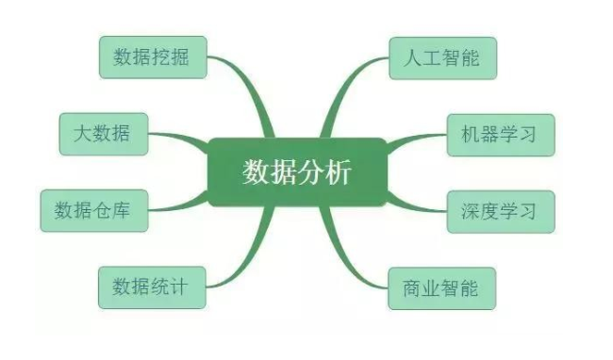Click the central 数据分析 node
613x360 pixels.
pyautogui.click(x=296, y=172)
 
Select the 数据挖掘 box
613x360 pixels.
pyautogui.click(x=151, y=57)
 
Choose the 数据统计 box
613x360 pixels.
pyautogui.click(x=151, y=286)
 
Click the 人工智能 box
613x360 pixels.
pyautogui.click(x=441, y=57)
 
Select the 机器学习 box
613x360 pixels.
pyautogui.click(x=499, y=134)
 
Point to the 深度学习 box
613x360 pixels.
pyautogui.click(x=499, y=210)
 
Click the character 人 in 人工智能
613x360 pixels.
pyautogui.click(x=411, y=57)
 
